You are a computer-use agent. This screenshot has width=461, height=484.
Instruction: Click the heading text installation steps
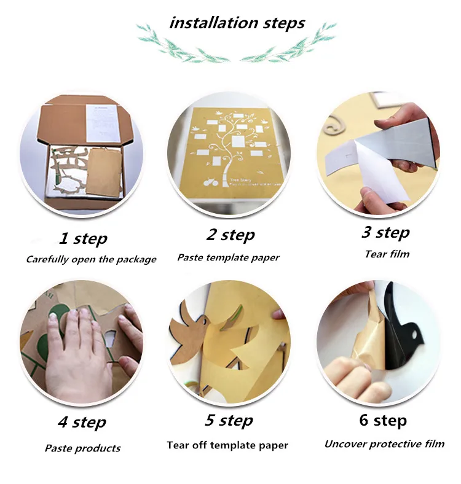[237, 23]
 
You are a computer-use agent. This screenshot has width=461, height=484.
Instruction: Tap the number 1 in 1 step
[64, 238]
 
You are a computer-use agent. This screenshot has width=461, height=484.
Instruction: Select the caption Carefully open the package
[91, 259]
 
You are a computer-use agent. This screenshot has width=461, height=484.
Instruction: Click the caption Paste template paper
[228, 258]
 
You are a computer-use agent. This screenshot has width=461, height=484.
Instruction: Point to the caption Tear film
[387, 254]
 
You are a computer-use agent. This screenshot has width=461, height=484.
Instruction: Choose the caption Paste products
[82, 448]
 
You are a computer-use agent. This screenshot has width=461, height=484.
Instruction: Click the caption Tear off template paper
[227, 445]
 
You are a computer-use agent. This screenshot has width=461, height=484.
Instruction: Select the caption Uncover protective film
[384, 444]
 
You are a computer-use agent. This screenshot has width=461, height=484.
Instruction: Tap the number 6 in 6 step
[364, 420]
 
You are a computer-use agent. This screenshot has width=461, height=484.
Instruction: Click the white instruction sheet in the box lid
[101, 123]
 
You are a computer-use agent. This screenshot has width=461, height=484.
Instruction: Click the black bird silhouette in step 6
[405, 334]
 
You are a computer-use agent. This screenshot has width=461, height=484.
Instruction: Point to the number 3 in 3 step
[366, 232]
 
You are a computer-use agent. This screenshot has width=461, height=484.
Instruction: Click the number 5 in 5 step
[210, 420]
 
